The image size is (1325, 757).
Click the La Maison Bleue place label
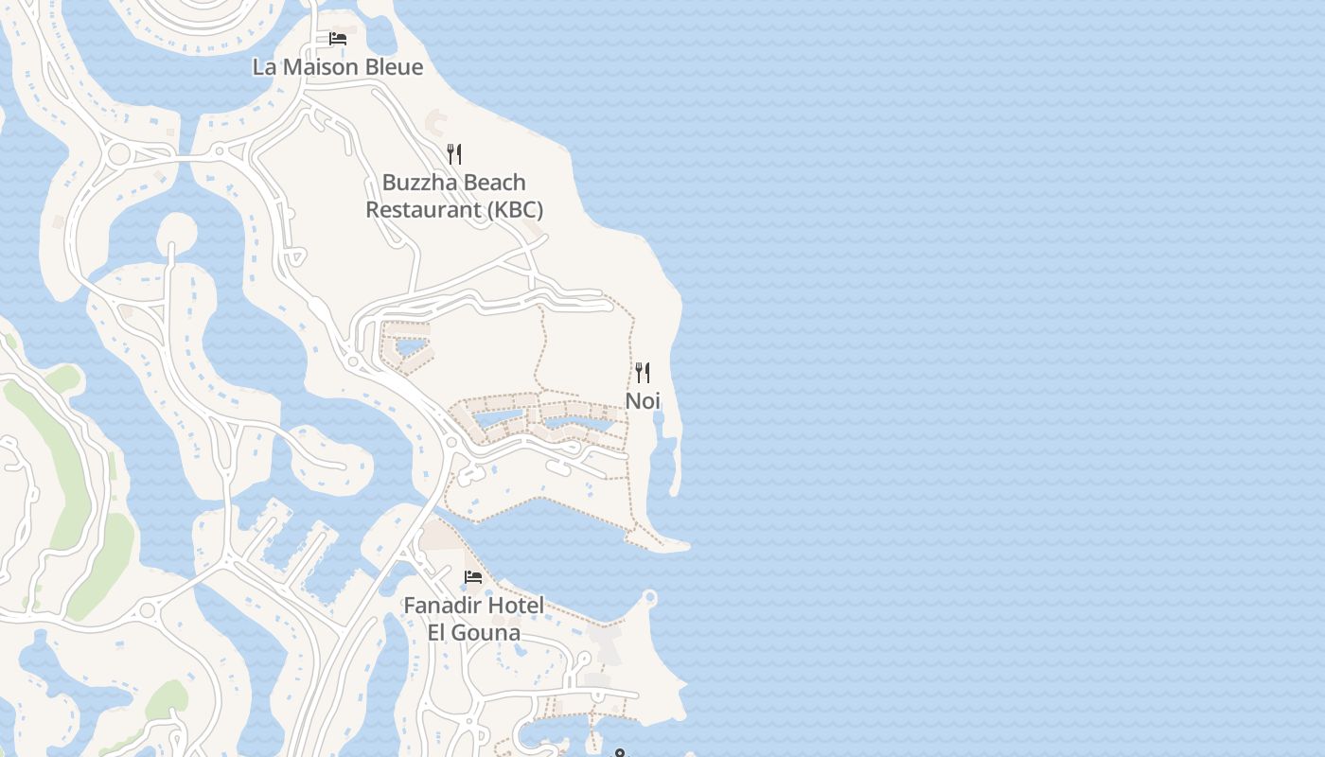(x=337, y=67)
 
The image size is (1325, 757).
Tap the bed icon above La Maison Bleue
(x=338, y=39)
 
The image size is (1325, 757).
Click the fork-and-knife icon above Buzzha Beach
(x=454, y=154)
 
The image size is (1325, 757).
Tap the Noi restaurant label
(x=642, y=401)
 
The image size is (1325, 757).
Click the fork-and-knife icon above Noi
(x=643, y=372)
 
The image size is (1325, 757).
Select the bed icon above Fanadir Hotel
(x=473, y=576)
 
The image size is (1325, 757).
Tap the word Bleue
(x=394, y=67)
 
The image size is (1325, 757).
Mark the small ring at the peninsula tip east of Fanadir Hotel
(x=649, y=597)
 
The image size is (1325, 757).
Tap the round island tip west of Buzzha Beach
(x=176, y=230)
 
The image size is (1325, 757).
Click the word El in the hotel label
(x=438, y=632)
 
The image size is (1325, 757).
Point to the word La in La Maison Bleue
(x=264, y=67)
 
